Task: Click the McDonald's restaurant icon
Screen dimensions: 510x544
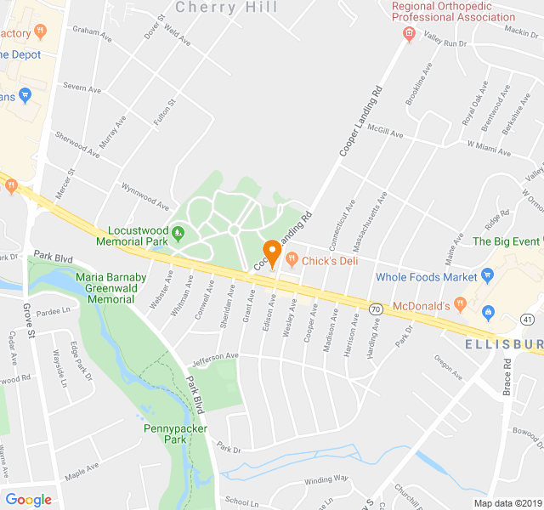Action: pyautogui.click(x=460, y=303)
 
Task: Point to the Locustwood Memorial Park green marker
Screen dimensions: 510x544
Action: pyautogui.click(x=178, y=231)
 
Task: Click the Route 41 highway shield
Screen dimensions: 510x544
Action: pyautogui.click(x=527, y=320)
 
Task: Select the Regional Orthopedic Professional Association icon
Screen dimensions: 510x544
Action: pyautogui.click(x=408, y=35)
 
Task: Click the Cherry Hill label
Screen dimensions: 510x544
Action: pyautogui.click(x=226, y=8)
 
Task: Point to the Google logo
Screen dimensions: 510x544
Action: pyautogui.click(x=28, y=500)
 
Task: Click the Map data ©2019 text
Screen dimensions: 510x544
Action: pyautogui.click(x=507, y=503)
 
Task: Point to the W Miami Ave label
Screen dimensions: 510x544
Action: pyautogui.click(x=489, y=149)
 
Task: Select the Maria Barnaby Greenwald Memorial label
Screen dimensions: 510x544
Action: pyautogui.click(x=111, y=288)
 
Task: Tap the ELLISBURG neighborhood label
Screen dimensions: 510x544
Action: pyautogui.click(x=505, y=344)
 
